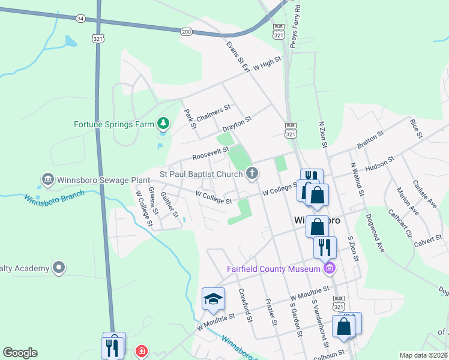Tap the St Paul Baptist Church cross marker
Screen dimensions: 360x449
[x=253, y=174]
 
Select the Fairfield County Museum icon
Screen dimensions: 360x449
[x=329, y=268]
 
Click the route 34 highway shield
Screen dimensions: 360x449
[x=80, y=19]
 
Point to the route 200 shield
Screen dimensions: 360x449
[x=186, y=31]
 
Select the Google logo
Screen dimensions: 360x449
[x=20, y=353]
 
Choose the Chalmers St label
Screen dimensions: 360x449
[x=213, y=113]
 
